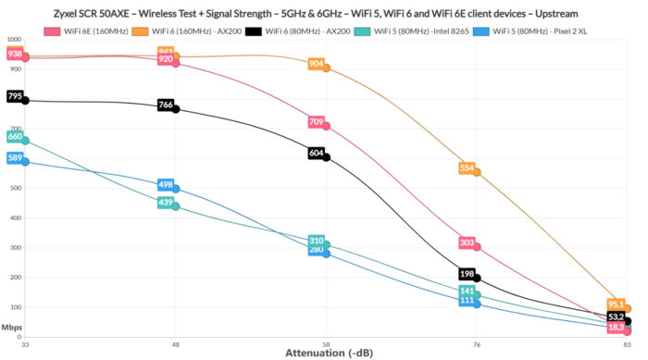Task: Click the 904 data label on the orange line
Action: pos(316,64)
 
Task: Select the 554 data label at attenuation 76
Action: pos(467,168)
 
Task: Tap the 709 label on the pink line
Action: pos(316,122)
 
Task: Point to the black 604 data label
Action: pos(316,153)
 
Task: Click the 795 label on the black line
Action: pos(15,96)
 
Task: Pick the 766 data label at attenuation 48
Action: pos(166,105)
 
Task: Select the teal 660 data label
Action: pos(15,137)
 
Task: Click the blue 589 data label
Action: pos(15,158)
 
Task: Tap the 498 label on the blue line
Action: pos(166,185)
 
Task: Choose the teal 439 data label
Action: pos(166,203)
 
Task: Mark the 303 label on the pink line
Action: pos(467,242)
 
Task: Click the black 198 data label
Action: pos(467,274)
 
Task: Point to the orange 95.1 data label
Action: pos(617,304)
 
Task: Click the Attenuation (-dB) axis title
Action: pos(326,354)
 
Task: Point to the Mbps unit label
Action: pos(12,327)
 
